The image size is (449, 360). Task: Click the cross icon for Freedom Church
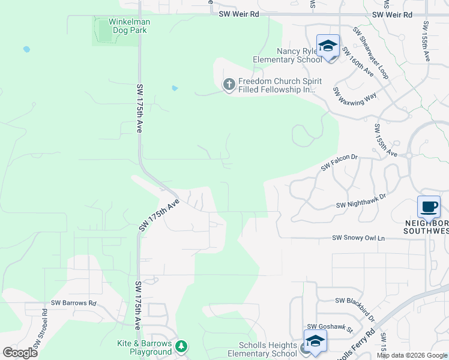(x=229, y=85)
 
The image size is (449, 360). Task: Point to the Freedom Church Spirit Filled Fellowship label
(x=280, y=85)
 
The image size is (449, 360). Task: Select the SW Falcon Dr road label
(x=339, y=162)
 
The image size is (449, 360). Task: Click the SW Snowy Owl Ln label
(x=358, y=238)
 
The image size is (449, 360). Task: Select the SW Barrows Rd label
(x=74, y=303)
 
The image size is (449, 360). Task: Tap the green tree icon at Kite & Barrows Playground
(x=181, y=347)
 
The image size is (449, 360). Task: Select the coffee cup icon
(x=429, y=207)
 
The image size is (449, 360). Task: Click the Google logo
(x=20, y=353)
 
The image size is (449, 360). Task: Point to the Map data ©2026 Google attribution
(x=412, y=355)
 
